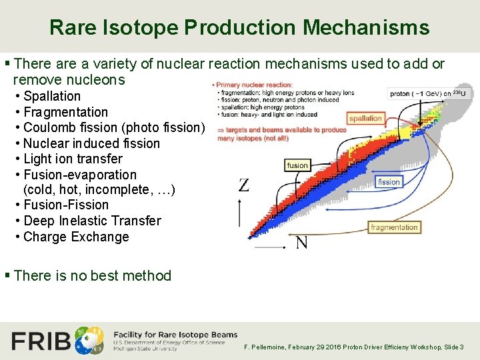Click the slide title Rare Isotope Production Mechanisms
tap(239, 27)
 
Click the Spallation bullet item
tap(51, 96)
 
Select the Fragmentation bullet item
tap(65, 112)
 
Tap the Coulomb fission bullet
tap(114, 127)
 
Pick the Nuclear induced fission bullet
tap(91, 143)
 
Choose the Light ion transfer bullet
tap(73, 159)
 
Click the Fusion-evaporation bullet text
tap(79, 175)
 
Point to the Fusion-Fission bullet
tap(65, 205)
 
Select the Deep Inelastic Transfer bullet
tap(92, 221)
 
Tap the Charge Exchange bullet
tap(76, 237)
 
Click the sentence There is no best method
tap(92, 275)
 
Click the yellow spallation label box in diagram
tap(365, 119)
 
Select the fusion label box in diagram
tap(297, 165)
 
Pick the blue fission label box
tap(389, 181)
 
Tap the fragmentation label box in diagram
tap(394, 227)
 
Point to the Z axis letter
tap(244, 185)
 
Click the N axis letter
tap(301, 243)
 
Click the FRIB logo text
tap(41, 341)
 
